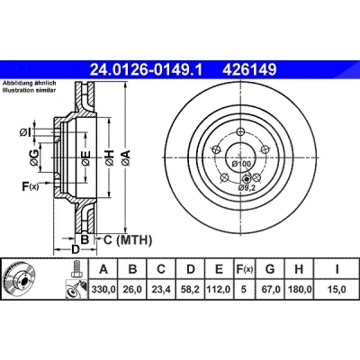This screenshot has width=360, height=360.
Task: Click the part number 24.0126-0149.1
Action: tap(147, 70)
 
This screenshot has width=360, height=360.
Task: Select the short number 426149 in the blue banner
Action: tap(249, 70)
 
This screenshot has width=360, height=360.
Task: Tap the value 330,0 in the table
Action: tap(103, 290)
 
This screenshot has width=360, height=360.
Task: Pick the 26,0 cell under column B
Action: tap(132, 290)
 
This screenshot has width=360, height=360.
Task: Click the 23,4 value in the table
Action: tap(161, 290)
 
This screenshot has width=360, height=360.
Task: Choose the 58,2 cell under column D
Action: tap(191, 290)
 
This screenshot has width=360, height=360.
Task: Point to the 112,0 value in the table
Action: tap(219, 290)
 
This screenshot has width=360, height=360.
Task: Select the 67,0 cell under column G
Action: tap(270, 290)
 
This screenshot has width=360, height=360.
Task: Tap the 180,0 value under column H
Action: tap(300, 290)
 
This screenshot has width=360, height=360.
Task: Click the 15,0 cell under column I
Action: tap(337, 290)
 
